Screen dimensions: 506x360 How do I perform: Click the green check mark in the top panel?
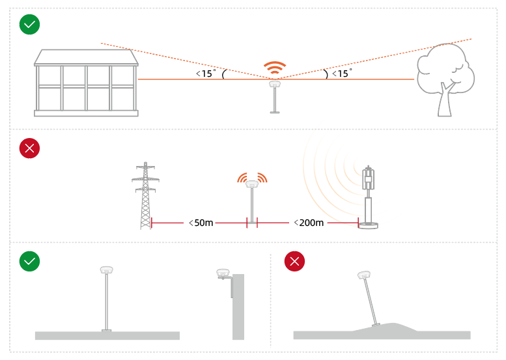[29, 24]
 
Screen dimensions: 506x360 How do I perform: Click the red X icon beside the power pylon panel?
[29, 148]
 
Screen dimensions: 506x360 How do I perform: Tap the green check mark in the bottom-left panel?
[29, 261]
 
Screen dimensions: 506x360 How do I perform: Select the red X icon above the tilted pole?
[294, 261]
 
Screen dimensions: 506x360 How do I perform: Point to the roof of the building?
[86, 57]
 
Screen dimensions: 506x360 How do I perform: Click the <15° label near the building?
[206, 73]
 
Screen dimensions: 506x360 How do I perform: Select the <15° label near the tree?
[342, 73]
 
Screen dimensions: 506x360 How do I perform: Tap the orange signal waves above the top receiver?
[275, 67]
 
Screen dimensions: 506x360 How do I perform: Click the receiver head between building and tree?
[275, 84]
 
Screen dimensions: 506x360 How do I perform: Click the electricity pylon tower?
[145, 195]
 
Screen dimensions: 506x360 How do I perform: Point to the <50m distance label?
[201, 223]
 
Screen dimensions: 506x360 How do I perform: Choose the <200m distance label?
[309, 223]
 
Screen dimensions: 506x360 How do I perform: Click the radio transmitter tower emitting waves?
[368, 197]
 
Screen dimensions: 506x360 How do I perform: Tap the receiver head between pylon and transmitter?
[252, 184]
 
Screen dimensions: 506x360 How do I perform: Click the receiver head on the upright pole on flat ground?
[107, 270]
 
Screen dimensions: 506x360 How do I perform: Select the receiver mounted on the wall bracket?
[223, 273]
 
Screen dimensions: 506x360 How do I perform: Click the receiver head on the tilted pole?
[364, 275]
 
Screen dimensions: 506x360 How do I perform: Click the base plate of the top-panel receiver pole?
[275, 112]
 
